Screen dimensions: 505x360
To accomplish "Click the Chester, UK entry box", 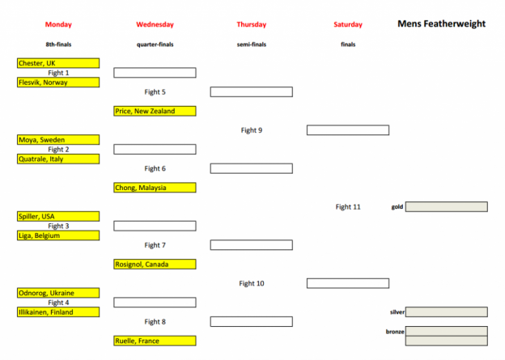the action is [x=58, y=63].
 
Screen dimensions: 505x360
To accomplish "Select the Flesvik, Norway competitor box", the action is [x=58, y=83].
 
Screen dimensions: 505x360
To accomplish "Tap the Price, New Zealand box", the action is [x=155, y=111].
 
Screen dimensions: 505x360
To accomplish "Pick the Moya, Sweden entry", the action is [x=58, y=140].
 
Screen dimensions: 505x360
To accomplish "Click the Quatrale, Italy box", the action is [x=58, y=159].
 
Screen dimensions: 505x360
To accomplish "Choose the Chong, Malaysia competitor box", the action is [x=155, y=188].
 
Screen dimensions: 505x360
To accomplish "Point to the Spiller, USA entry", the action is [x=58, y=216].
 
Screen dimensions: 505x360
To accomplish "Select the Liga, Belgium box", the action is [x=58, y=235].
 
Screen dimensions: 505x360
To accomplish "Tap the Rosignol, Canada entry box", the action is [x=155, y=265].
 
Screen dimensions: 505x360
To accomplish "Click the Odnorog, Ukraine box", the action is [x=58, y=293].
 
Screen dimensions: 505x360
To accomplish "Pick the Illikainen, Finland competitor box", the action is [x=58, y=312].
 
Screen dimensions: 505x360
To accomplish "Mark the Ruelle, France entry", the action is [x=155, y=341].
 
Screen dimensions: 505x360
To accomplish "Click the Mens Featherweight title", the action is [x=442, y=23].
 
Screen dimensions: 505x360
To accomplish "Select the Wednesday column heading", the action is [x=155, y=24].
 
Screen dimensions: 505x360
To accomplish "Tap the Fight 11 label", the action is [x=348, y=207].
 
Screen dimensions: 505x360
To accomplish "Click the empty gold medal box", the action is [x=447, y=207].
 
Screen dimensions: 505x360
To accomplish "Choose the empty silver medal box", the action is [x=447, y=312].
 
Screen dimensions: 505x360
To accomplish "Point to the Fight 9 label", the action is [x=252, y=130].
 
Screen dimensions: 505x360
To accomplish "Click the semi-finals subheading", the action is [x=252, y=44].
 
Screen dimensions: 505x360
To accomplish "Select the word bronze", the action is [x=395, y=332].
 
